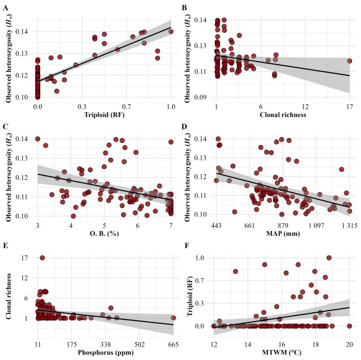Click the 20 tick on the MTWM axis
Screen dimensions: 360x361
[349, 343]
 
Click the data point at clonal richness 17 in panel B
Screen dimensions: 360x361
[349, 60]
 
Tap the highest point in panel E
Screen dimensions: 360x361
[42, 258]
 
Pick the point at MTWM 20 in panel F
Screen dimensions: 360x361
[349, 326]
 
